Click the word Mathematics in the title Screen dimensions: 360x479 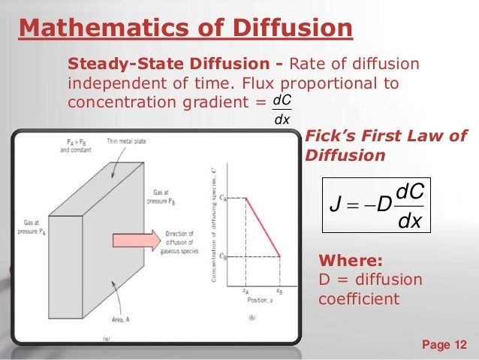98,28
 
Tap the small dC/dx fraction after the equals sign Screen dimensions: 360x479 282,108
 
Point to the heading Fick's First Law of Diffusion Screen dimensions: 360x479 385,146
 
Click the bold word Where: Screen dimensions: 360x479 351,262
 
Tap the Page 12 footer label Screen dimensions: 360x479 444,345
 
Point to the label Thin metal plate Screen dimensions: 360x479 126,141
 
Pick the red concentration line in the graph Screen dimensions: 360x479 264,227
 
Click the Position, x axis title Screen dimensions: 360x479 263,299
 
